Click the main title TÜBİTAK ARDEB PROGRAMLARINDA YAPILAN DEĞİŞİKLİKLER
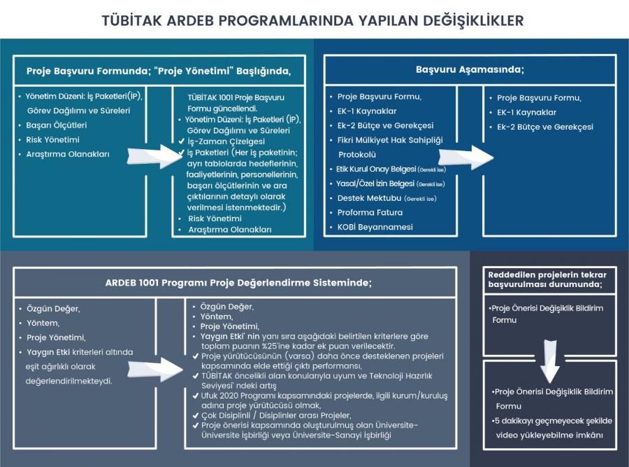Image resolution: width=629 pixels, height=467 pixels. (312, 20)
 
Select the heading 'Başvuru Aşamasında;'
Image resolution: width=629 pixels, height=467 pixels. (470, 70)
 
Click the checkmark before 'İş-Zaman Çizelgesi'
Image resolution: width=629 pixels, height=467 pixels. (181, 141)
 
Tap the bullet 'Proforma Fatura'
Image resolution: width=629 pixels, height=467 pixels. (370, 212)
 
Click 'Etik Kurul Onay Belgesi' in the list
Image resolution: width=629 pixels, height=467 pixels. (373, 169)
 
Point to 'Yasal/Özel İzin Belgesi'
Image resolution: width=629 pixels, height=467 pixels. (375, 183)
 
